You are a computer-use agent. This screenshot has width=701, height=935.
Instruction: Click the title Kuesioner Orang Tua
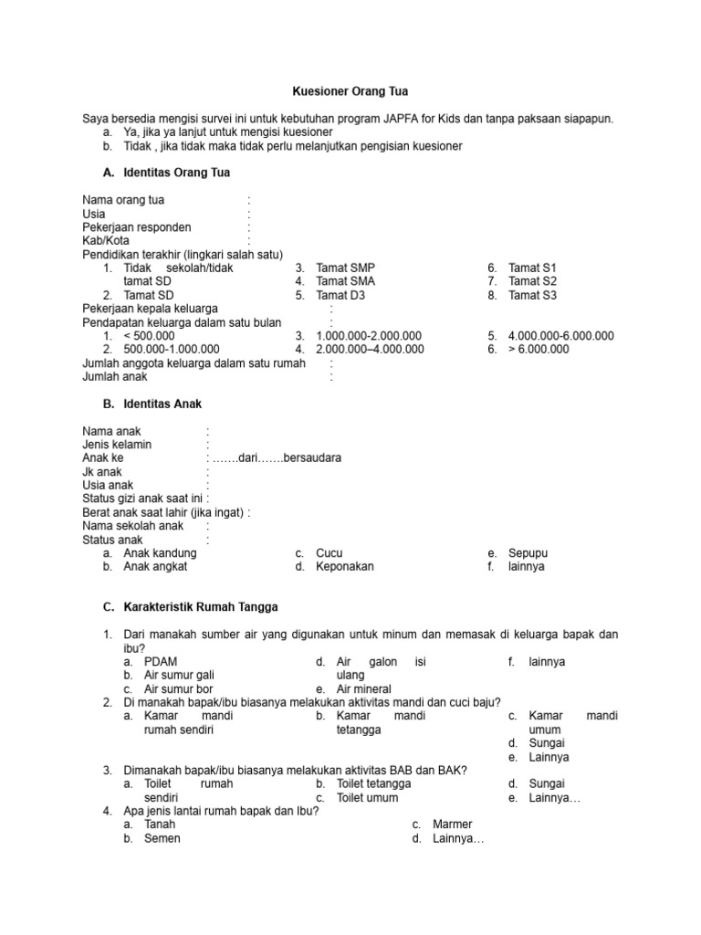[x=350, y=92]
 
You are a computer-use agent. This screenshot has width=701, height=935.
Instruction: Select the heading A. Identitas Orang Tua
[x=169, y=172]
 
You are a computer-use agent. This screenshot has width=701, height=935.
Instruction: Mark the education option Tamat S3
[x=532, y=295]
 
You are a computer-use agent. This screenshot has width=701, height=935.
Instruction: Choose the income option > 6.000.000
[x=539, y=349]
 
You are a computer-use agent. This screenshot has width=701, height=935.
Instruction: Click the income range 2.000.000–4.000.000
[x=370, y=349]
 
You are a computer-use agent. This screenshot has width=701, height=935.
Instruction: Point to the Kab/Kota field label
[x=106, y=240]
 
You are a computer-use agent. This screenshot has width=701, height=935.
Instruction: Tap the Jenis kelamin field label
[x=117, y=444]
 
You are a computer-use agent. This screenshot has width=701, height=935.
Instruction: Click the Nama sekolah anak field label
[x=132, y=526]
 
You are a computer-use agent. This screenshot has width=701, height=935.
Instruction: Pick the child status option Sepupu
[x=528, y=553]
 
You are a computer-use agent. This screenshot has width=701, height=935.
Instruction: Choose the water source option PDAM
[x=161, y=661]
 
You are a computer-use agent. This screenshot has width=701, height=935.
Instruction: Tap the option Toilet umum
[x=367, y=797]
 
